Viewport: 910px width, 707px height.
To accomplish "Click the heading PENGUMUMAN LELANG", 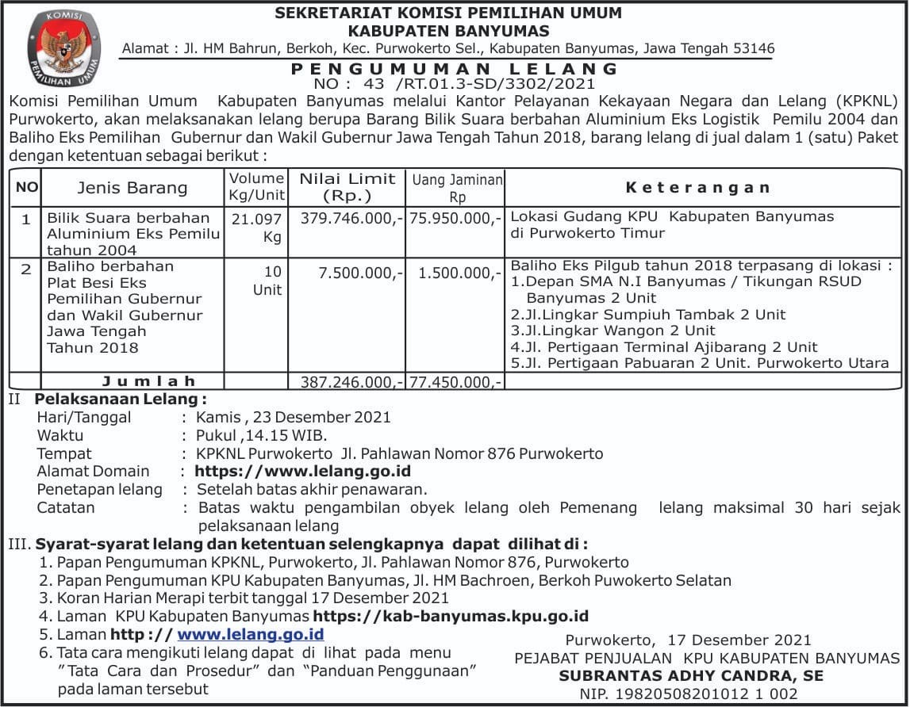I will [455, 69].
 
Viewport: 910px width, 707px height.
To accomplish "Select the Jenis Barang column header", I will [132, 188].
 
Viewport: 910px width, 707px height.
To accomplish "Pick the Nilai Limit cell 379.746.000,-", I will [347, 218].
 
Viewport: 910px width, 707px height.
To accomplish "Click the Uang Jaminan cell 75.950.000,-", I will [455, 218].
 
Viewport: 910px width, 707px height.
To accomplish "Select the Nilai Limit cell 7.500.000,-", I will [361, 273].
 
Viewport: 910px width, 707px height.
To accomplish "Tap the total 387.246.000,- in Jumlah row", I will [347, 382].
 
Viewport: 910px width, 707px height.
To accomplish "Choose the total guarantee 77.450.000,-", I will [455, 382].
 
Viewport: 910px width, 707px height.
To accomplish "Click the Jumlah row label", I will [148, 382].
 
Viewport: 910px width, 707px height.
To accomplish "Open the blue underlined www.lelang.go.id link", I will [250, 635].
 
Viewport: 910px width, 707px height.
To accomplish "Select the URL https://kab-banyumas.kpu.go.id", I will [451, 616].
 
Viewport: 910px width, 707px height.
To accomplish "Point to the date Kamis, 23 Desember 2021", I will [294, 417].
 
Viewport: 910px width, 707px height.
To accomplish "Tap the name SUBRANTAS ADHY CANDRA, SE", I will [691, 676].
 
